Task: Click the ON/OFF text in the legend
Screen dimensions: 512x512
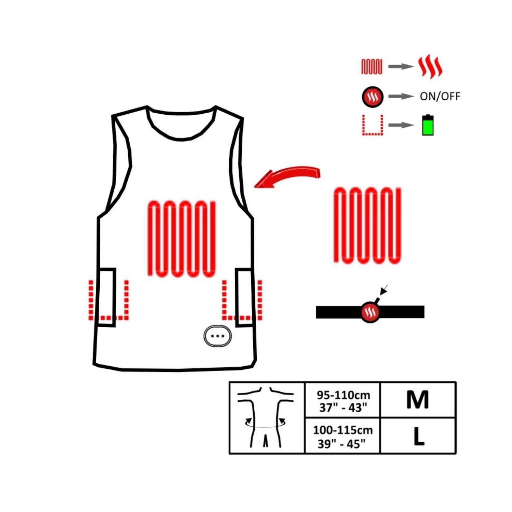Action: [440, 97]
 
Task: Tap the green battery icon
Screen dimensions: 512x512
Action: [428, 125]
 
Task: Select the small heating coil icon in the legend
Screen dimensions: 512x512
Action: [372, 67]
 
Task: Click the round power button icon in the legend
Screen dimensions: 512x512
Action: [372, 97]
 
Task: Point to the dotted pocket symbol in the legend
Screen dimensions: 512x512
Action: [372, 125]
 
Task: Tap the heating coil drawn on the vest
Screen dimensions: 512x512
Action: [182, 239]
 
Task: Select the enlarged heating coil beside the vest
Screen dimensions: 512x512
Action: [367, 226]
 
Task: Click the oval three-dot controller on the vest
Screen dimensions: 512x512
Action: [217, 336]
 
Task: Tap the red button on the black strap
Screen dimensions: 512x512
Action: [370, 312]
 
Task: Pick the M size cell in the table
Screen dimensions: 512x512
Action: [418, 400]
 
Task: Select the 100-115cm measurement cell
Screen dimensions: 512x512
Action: [343, 436]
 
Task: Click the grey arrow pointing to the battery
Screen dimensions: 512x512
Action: [401, 125]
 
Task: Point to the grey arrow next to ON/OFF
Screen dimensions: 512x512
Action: [401, 97]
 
